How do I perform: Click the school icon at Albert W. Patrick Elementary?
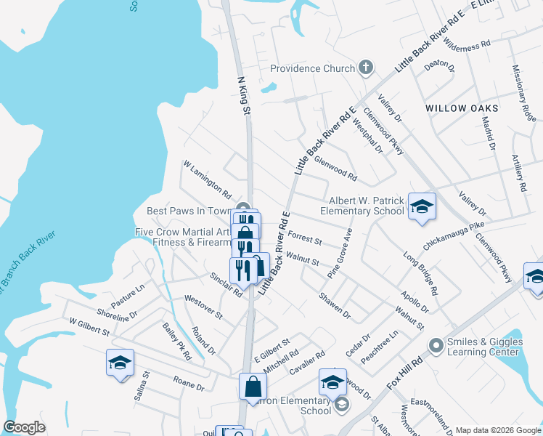pyautogui.click(x=422, y=206)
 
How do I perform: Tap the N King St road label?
pyautogui.click(x=244, y=96)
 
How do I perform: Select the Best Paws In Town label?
pyautogui.click(x=188, y=211)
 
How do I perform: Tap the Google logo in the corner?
pyautogui.click(x=24, y=427)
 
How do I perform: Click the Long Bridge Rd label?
pyautogui.click(x=421, y=272)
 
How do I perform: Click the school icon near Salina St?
pyautogui.click(x=120, y=362)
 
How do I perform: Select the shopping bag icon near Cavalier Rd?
pyautogui.click(x=253, y=386)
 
